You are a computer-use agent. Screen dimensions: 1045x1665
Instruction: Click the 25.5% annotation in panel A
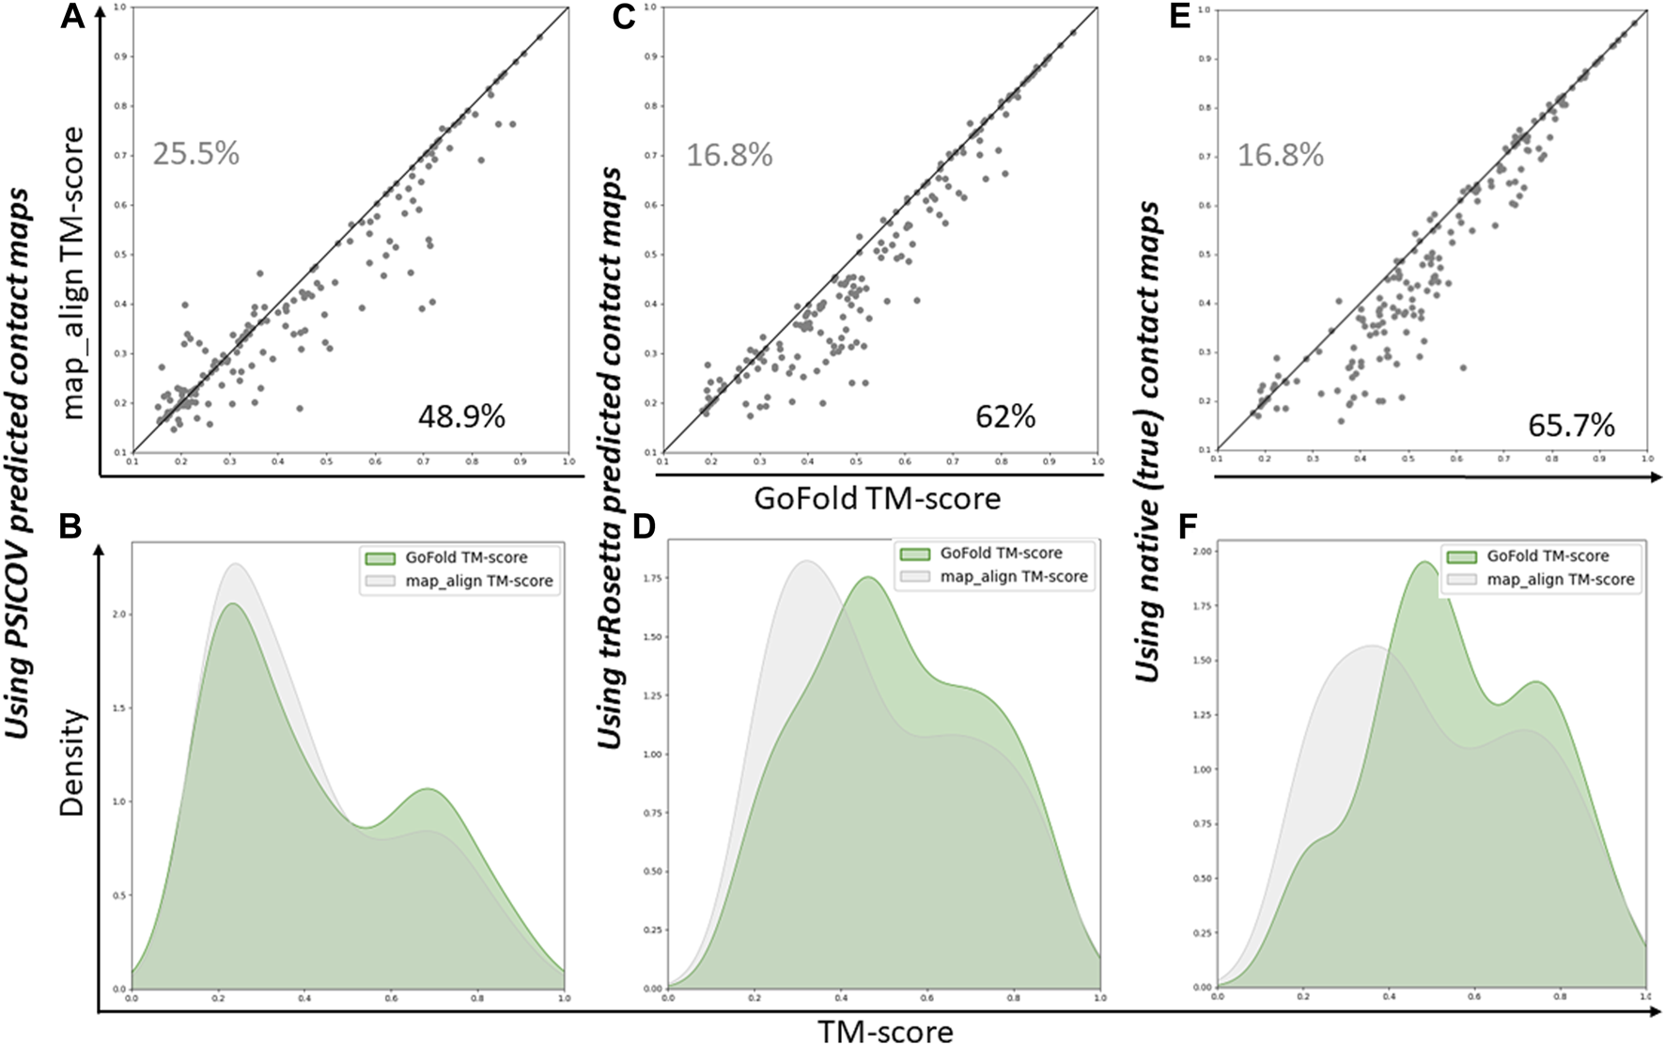(195, 152)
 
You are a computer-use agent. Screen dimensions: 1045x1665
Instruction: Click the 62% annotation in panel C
(1004, 415)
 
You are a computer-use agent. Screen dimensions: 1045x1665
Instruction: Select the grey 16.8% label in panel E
(1280, 155)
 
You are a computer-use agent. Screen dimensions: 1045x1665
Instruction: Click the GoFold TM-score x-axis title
(877, 499)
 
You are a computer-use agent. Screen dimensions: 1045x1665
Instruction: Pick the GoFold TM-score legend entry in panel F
(1548, 556)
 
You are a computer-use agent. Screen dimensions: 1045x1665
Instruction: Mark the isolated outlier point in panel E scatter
(1462, 367)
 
